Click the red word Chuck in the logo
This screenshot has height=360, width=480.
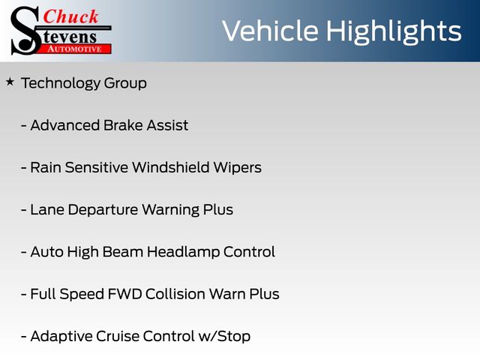(70, 16)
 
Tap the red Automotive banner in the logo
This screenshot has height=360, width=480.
(75, 49)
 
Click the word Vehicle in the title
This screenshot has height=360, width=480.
(270, 31)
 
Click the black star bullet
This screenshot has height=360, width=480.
(10, 82)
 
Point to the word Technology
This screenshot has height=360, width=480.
(60, 83)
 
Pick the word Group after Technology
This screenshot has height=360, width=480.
(125, 83)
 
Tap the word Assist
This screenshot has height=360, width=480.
(167, 125)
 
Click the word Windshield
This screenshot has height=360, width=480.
(171, 167)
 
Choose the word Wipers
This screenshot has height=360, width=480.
(238, 168)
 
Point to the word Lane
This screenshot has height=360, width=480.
(47, 210)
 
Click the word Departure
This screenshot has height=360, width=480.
(103, 210)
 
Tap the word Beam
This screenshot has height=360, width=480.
(123, 252)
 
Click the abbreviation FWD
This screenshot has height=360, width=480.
(125, 294)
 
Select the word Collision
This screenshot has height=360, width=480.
(175, 294)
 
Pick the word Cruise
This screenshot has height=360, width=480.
(118, 336)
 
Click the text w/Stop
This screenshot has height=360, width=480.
(224, 337)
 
